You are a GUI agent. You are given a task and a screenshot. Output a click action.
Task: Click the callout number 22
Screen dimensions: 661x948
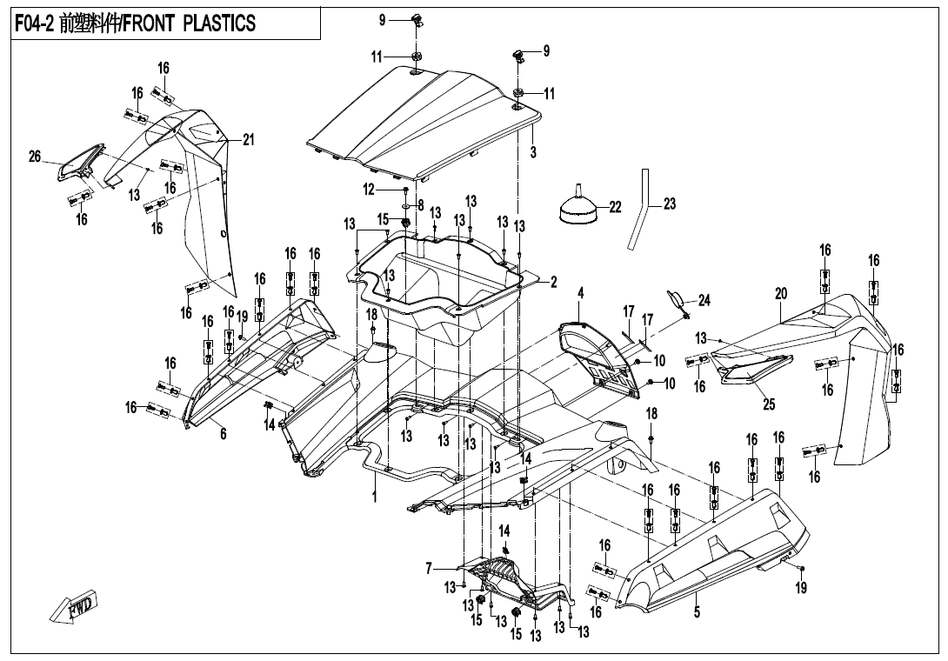coord(616,207)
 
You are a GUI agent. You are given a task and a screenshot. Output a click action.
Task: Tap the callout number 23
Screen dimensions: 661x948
coord(669,204)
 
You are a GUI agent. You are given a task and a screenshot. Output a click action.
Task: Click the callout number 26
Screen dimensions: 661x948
coord(35,157)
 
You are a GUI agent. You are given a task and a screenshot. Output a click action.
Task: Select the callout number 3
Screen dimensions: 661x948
coord(533,152)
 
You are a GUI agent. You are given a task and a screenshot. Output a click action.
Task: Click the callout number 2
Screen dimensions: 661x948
coord(553,281)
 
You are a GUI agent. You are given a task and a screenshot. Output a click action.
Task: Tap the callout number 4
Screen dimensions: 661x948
coord(580,291)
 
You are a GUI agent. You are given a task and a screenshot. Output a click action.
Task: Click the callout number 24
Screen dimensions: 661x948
coord(704,301)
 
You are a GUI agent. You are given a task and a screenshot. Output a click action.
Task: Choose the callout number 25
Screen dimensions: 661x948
coord(768,404)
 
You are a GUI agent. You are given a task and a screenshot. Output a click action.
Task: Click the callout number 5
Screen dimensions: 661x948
coord(697,611)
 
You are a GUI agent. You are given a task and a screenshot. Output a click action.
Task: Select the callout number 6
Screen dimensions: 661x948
coord(223,434)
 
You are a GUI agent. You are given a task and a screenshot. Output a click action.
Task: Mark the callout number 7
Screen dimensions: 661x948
coord(429,568)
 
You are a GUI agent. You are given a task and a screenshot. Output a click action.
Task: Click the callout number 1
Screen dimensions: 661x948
coord(374,497)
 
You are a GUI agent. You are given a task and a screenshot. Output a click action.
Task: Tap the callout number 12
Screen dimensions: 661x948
coord(369,190)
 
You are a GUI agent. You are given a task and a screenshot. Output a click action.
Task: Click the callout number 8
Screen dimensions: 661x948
coord(420,206)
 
